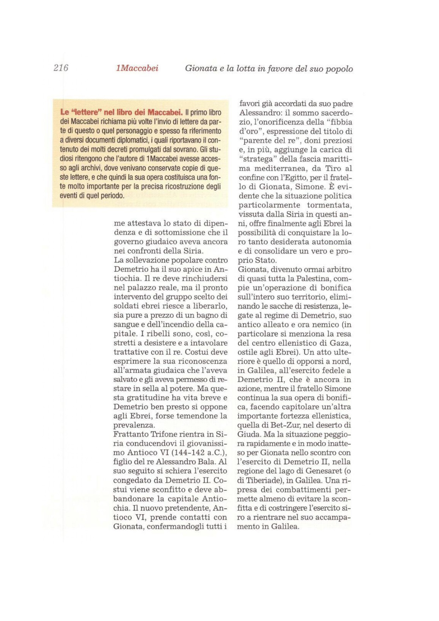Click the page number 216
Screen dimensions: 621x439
61,68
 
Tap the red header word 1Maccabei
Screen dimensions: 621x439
137,68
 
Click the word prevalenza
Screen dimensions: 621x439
134,425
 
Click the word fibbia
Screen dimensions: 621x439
339,122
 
